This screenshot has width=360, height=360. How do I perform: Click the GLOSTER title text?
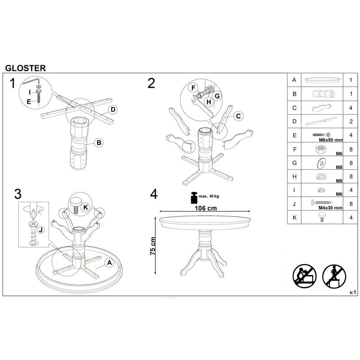tap(26, 68)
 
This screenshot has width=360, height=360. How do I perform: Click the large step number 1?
tap(12, 84)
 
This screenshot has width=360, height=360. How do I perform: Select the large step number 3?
tap(18, 194)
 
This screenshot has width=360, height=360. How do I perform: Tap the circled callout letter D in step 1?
tap(113, 109)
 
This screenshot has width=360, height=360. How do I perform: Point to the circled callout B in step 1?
tap(99, 143)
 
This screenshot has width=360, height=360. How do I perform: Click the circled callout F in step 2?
tap(193, 88)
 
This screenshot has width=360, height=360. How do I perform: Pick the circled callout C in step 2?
tap(238, 116)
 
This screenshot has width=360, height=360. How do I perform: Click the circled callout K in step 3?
tap(86, 208)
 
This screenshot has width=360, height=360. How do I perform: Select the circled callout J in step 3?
tap(41, 230)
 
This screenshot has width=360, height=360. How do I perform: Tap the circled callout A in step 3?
tap(109, 263)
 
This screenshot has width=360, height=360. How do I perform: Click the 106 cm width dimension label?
tap(206, 208)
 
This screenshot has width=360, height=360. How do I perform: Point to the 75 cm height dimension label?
tap(153, 246)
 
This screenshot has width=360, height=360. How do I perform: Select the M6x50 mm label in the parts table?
tap(331, 140)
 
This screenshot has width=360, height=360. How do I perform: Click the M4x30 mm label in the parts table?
tap(330, 208)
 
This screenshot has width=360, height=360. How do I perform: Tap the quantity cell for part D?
tap(351, 121)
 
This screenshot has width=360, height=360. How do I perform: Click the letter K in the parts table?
tap(294, 217)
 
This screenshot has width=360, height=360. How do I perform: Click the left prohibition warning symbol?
tap(305, 276)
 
